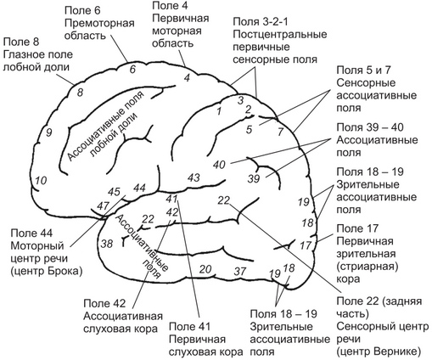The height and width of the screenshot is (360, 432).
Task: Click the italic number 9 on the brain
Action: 49,132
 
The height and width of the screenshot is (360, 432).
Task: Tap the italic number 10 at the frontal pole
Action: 40,180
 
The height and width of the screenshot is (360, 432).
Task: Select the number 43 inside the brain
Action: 194,177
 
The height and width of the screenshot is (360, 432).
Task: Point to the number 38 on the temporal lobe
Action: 107,244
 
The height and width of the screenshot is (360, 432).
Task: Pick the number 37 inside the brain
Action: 240,272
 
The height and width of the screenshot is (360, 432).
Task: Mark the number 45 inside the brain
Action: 115,192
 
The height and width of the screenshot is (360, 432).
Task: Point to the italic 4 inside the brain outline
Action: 186,79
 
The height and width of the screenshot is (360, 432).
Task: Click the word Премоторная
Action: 100,25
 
